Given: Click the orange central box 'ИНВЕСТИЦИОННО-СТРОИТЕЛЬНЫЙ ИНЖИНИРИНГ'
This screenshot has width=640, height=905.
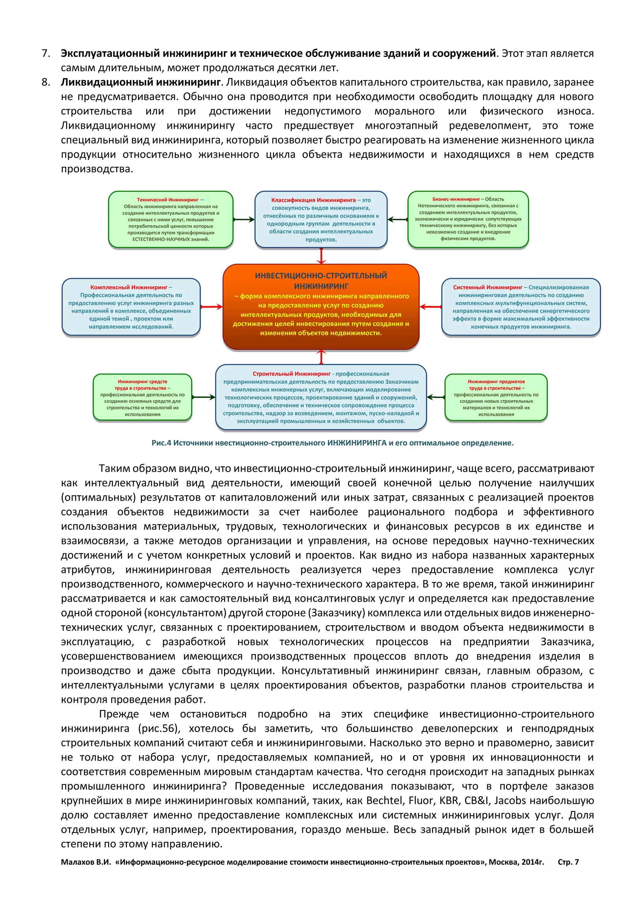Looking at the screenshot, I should [321, 306].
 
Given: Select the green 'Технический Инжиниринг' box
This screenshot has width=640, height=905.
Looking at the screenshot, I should [171, 220].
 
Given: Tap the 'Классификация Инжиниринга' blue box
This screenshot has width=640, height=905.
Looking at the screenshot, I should [321, 220].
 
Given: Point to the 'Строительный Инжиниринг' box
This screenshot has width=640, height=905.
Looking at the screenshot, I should [321, 397].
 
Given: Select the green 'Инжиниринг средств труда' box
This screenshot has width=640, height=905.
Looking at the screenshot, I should [142, 397].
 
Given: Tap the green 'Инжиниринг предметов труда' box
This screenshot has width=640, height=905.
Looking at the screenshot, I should [496, 397].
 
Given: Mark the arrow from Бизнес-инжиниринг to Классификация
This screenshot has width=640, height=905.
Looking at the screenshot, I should [397, 220].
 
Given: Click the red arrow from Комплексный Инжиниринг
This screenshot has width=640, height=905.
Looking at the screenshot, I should [212, 307].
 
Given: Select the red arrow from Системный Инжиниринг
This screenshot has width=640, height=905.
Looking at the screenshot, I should [430, 307].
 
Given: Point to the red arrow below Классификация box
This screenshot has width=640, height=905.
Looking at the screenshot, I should [321, 256].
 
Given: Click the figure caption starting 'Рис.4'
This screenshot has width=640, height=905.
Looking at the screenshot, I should [332, 442].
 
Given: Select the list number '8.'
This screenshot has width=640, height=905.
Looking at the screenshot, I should [46, 82].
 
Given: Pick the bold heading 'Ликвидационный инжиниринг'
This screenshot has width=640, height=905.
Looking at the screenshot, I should [141, 82].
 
